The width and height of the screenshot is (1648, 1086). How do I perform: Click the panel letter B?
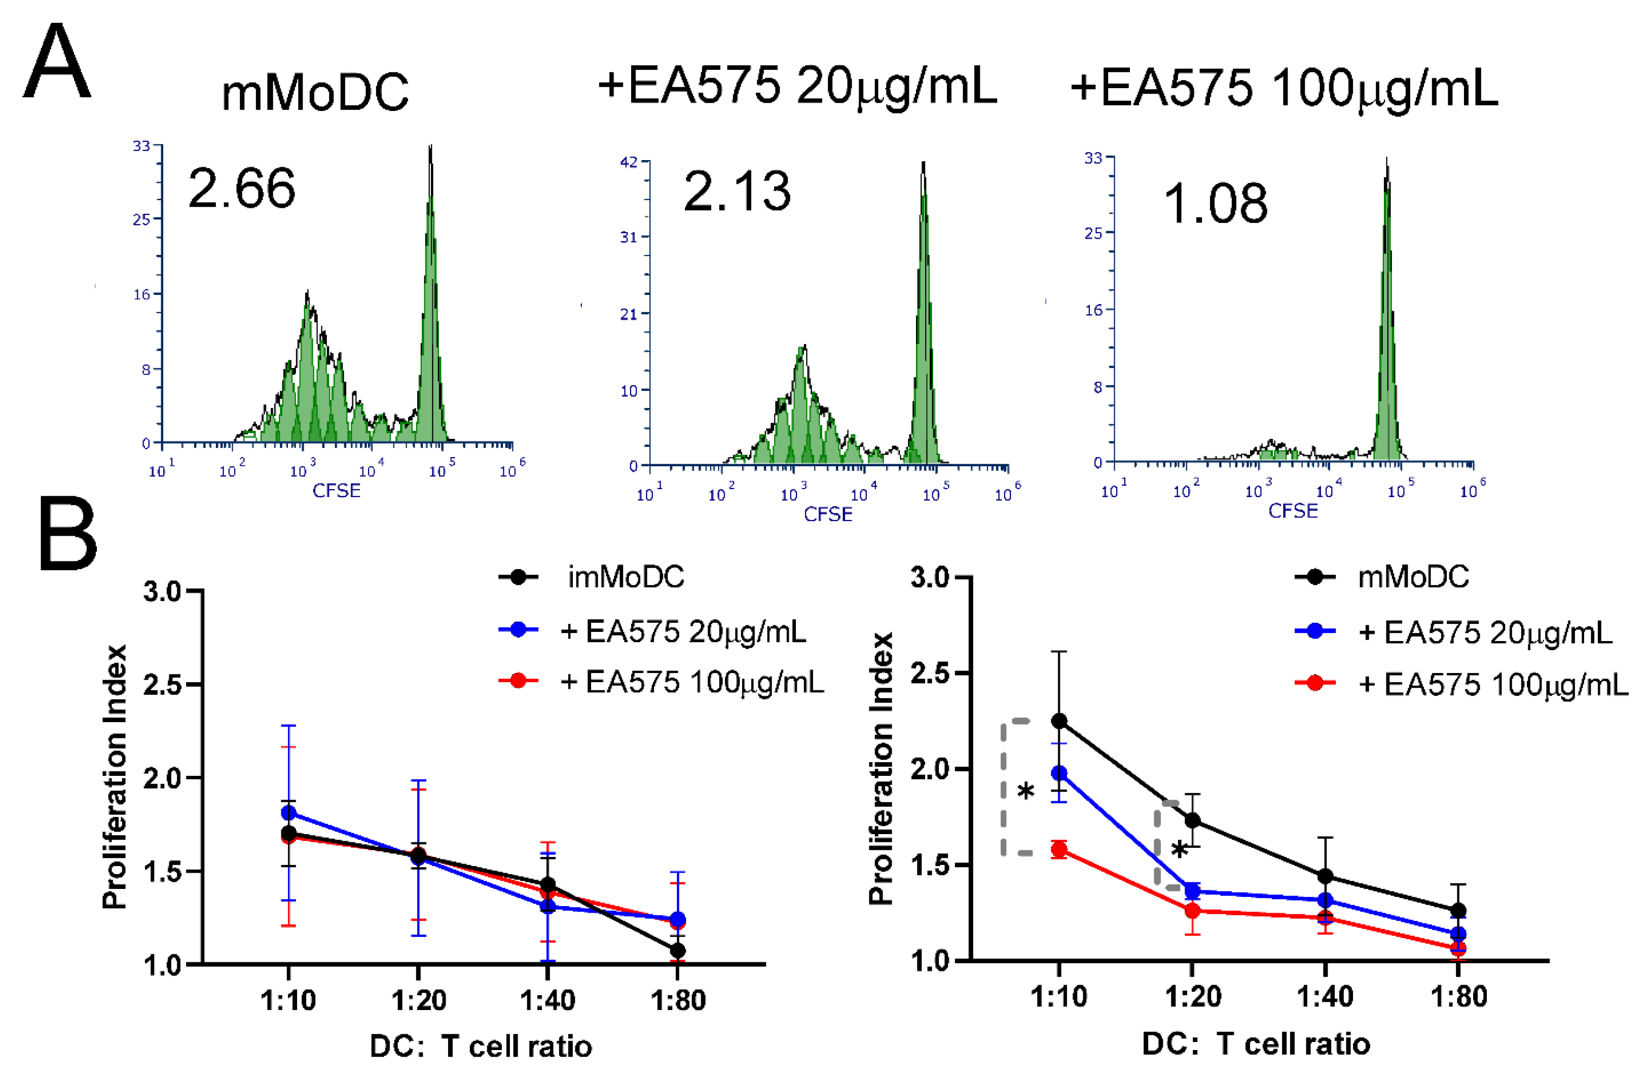coord(67,535)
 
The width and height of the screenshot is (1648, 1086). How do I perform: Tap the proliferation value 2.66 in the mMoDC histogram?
coord(241,189)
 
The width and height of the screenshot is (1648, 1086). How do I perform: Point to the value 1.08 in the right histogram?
coord(1215,204)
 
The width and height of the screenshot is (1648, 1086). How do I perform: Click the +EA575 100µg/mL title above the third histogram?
coord(1284,89)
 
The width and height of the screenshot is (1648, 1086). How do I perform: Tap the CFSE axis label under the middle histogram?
coord(828,514)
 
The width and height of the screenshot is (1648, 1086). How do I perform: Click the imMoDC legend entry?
coord(626,577)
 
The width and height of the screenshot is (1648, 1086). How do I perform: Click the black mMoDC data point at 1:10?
coord(1058,721)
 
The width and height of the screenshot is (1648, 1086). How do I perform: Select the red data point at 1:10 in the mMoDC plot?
coord(1058,849)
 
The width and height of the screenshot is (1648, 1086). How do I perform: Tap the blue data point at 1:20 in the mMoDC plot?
coord(1192,891)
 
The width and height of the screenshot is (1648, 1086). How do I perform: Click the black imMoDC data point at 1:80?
coord(677,950)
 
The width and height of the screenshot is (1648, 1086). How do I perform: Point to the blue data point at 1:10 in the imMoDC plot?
coord(289,812)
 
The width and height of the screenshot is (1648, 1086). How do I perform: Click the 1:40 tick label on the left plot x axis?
coord(547,1000)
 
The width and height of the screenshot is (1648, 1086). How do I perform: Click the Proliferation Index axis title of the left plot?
coord(114,777)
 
